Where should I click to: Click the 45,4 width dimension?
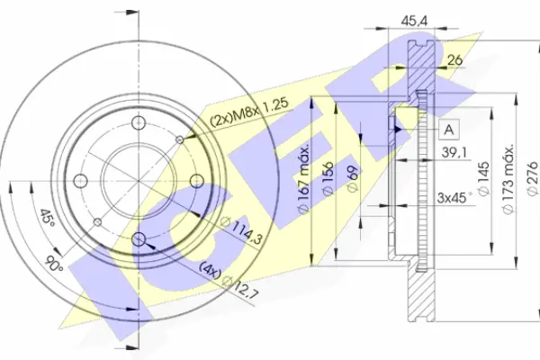tap(414, 21)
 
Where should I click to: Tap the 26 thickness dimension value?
tap(454, 60)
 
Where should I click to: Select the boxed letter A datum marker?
tap(449, 130)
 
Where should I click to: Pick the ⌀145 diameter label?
tap(484, 179)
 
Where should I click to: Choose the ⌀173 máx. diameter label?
tap(508, 179)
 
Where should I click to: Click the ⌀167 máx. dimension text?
tap(304, 179)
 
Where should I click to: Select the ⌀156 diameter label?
tap(328, 179)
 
